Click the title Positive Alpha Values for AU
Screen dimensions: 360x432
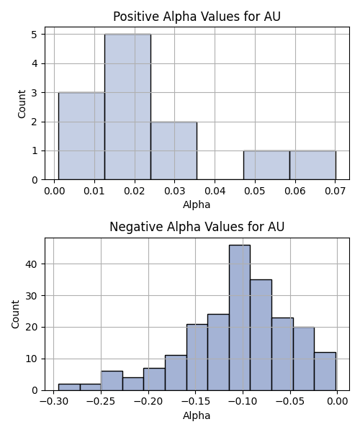click(197, 17)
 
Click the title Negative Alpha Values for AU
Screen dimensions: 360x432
click(197, 227)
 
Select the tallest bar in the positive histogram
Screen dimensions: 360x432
click(127, 107)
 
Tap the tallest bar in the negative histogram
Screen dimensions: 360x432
click(240, 318)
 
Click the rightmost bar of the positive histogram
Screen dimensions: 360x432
click(312, 166)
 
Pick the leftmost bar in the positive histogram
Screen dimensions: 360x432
click(81, 136)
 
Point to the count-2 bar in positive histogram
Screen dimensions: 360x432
click(174, 150)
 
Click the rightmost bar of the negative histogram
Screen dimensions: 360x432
click(325, 372)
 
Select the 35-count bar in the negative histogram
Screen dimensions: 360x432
click(261, 335)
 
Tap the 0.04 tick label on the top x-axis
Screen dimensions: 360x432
click(215, 191)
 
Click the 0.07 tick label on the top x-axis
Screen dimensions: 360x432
click(335, 191)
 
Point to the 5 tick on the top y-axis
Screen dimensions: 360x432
click(35, 35)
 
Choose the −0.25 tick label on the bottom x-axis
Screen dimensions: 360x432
click(101, 402)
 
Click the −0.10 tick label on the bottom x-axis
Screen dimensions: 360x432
click(243, 402)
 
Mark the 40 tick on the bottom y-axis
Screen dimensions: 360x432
click(31, 264)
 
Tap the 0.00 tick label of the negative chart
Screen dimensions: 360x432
click(337, 402)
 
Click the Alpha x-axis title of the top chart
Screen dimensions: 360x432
click(197, 204)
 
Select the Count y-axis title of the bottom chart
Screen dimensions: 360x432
click(15, 315)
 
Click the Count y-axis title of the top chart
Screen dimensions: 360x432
click(22, 104)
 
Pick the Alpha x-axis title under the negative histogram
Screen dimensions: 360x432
click(197, 415)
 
